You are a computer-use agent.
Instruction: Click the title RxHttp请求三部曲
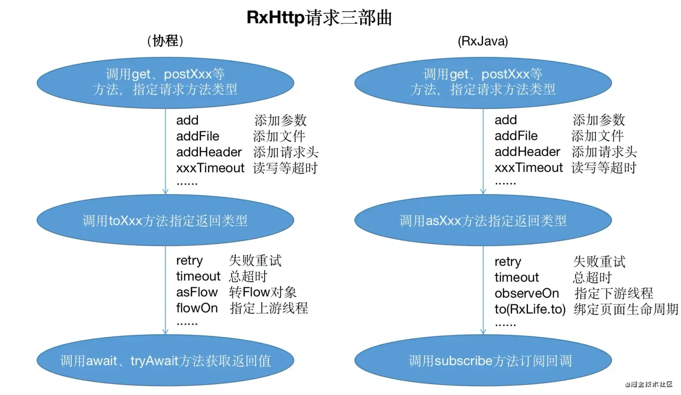tap(319, 17)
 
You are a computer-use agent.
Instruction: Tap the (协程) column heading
tap(165, 41)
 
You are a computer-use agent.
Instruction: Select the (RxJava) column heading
tap(483, 41)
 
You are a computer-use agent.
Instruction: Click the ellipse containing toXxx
tap(165, 221)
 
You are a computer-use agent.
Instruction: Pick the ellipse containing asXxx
tap(483, 221)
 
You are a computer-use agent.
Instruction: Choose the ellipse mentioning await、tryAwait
tap(165, 361)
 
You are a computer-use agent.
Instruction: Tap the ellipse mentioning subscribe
tap(483, 361)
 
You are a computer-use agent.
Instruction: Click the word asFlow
tap(197, 292)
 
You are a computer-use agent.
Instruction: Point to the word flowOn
tap(197, 308)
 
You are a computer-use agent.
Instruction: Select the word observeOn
tap(527, 293)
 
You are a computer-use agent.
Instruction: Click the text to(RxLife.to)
tap(530, 309)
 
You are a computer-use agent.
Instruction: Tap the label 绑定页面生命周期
tap(626, 309)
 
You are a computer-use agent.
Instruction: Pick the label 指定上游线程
tap(269, 308)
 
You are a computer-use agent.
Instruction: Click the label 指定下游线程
tap(613, 293)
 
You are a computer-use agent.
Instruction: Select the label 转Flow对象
tap(262, 292)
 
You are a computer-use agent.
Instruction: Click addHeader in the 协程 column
tap(209, 152)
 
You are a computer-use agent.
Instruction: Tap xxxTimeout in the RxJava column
tap(528, 168)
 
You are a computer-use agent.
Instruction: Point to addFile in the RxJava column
tap(516, 136)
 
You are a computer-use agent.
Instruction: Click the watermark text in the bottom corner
tap(648, 385)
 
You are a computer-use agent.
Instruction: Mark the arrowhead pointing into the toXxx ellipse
tap(165, 192)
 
